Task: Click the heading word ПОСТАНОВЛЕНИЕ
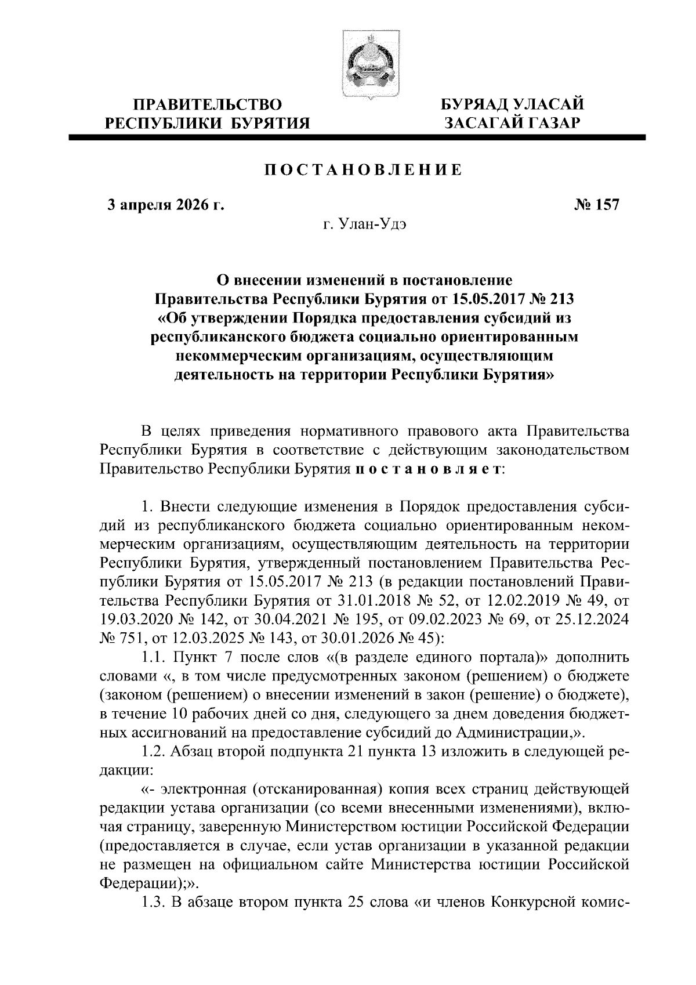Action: pyautogui.click(x=363, y=170)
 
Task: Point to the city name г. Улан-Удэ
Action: pyautogui.click(x=363, y=224)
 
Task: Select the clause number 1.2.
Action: pyautogui.click(x=155, y=752)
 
